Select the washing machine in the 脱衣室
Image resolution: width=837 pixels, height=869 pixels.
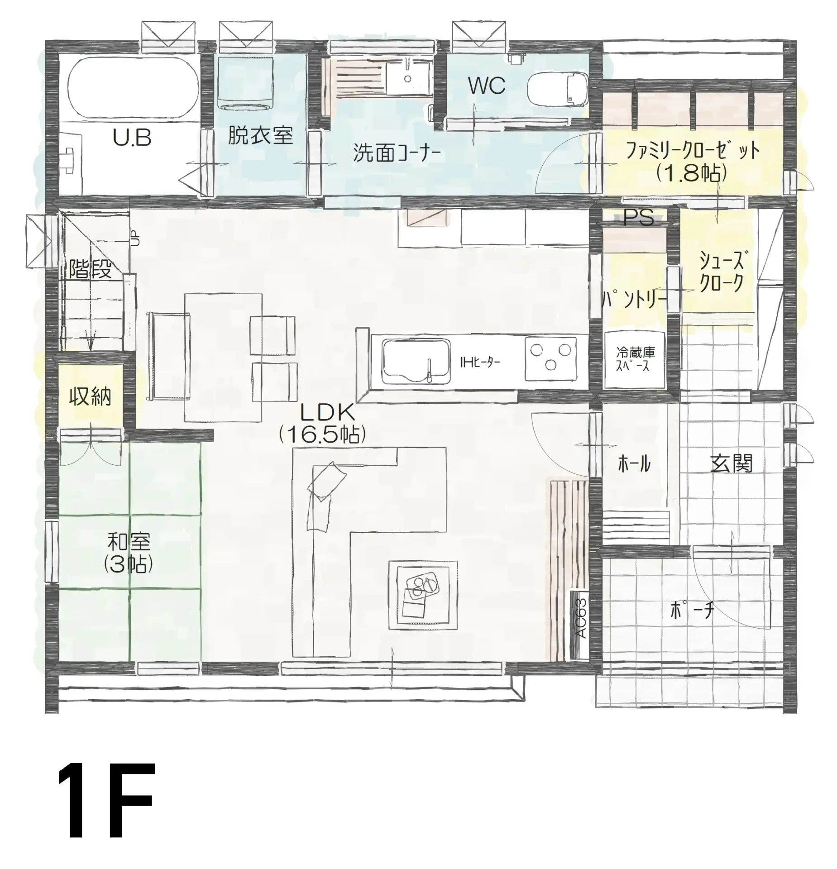point(245,84)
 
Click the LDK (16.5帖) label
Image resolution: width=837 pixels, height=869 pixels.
point(322,424)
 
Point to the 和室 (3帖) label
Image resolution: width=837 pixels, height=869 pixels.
point(129,553)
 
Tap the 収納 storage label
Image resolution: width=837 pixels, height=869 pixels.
point(90,397)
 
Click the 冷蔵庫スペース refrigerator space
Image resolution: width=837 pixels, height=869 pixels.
point(635,360)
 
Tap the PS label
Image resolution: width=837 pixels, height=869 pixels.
point(638,218)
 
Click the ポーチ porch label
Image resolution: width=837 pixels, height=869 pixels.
point(692,611)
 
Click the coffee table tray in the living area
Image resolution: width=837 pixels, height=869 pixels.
point(422,594)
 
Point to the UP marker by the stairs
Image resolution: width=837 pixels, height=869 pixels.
point(135,239)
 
